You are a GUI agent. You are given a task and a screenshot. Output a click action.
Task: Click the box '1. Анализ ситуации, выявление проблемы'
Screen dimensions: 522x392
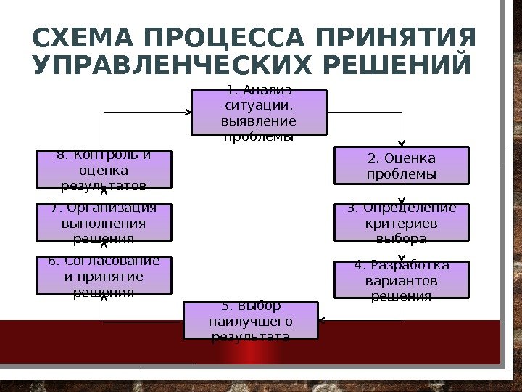click(259, 113)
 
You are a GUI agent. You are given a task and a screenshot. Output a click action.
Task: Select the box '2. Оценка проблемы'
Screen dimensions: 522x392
click(402, 166)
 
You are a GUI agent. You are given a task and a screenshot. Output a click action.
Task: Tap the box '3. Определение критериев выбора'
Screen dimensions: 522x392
click(402, 222)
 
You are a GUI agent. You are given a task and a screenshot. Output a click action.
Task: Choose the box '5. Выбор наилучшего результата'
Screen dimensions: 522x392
click(251, 321)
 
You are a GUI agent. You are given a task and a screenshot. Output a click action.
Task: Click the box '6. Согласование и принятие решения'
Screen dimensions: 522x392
click(104, 276)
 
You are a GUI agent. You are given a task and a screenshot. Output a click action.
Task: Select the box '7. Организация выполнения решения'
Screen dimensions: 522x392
click(104, 222)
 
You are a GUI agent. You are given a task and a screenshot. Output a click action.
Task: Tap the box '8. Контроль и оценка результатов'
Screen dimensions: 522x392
click(104, 169)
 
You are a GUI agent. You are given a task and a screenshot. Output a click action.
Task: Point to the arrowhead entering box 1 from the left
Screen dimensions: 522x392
click(188, 113)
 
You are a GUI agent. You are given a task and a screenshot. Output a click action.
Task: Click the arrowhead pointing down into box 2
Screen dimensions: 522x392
click(402, 144)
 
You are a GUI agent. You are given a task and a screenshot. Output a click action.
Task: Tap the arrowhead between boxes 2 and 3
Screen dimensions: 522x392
click(402, 200)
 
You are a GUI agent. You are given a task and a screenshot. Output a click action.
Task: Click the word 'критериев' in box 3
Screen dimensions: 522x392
click(402, 223)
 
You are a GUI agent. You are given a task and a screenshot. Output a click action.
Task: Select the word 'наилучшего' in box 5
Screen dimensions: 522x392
click(251, 321)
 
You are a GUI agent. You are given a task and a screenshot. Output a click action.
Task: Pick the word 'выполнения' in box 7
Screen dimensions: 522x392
click(104, 223)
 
